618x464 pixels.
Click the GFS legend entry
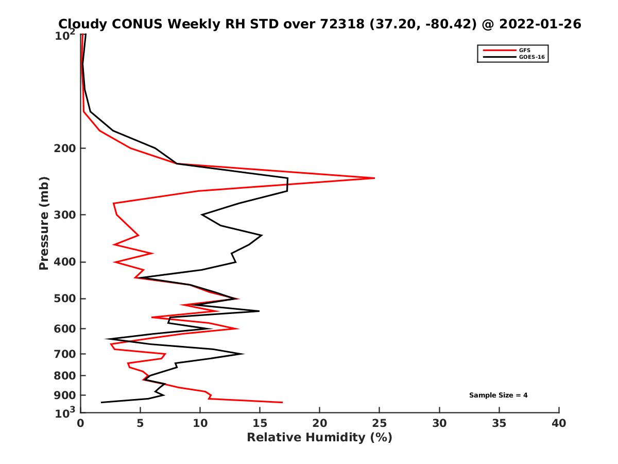(524, 50)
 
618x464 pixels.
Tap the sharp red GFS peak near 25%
(374, 178)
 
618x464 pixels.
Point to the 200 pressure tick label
(66, 148)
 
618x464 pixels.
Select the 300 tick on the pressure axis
(66, 214)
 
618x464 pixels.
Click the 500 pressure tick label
(66, 299)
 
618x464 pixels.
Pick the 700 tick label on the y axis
(66, 354)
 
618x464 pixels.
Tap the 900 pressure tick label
(66, 395)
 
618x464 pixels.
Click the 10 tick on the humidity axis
(200, 424)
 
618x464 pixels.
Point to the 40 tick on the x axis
(559, 424)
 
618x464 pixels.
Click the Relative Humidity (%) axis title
(319, 438)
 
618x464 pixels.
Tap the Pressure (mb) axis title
(44, 223)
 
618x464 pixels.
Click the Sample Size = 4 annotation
(498, 395)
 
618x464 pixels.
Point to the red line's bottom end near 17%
(282, 402)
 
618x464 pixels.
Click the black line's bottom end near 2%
(101, 402)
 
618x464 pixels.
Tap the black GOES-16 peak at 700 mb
(243, 354)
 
